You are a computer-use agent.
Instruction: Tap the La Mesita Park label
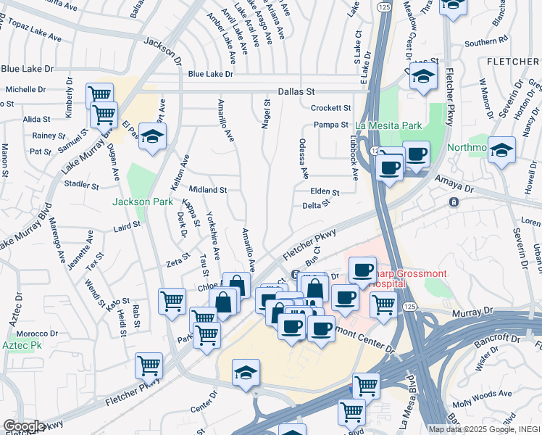(388, 125)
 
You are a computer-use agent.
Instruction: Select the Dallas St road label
(297, 92)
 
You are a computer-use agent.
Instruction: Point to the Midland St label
(209, 190)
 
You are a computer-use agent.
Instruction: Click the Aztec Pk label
(22, 346)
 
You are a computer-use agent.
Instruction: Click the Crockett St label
(330, 108)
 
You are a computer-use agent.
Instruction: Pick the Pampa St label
(333, 125)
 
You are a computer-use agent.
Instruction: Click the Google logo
(24, 426)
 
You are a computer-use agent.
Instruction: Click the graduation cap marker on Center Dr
(246, 373)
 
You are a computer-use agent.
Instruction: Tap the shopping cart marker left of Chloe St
(172, 299)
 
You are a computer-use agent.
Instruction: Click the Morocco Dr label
(33, 333)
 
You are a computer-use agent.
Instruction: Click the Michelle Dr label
(25, 90)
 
